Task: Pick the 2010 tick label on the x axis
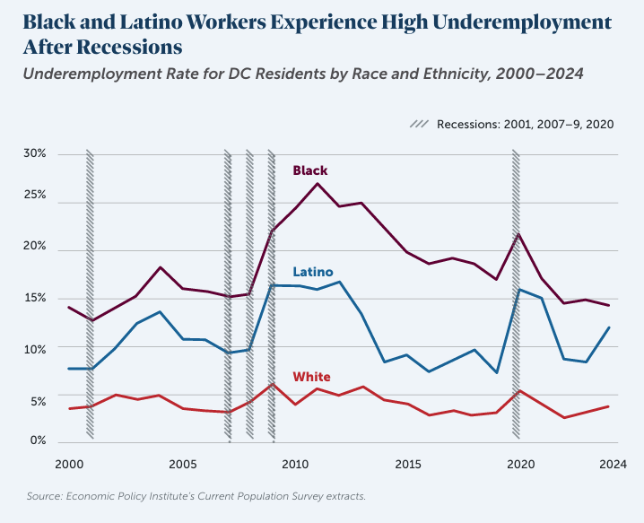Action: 295,465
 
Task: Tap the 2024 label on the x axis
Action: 613,465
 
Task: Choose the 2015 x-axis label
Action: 408,465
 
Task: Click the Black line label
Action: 310,170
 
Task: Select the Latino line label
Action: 312,272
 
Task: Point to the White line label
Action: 311,377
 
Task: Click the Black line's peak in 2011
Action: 318,184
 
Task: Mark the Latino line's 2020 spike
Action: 521,289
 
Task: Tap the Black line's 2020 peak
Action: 520,234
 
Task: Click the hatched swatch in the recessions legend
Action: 419,125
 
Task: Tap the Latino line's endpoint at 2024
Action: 610,327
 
